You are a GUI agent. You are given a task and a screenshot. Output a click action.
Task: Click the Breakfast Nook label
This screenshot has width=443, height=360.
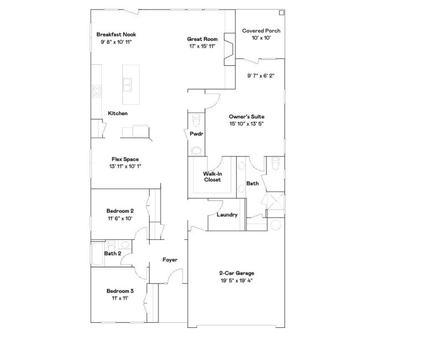[116, 34]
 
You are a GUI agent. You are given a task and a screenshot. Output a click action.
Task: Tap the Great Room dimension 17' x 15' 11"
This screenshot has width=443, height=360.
[203, 47]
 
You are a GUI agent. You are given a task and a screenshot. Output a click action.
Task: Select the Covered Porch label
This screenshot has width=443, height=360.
[261, 30]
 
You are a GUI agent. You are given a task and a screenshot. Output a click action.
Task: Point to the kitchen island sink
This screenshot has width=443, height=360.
[128, 85]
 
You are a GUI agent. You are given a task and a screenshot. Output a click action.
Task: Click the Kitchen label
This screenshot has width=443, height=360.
[117, 113]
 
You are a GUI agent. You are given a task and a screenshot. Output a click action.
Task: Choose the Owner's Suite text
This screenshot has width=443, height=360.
[246, 117]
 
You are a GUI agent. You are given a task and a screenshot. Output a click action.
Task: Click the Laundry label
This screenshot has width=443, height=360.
[227, 215]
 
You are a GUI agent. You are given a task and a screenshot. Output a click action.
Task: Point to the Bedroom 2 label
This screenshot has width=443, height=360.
[120, 210]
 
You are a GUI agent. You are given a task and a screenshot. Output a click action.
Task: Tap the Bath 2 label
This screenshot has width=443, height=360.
[112, 254]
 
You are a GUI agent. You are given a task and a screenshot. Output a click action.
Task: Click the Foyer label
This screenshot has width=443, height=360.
[170, 259]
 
